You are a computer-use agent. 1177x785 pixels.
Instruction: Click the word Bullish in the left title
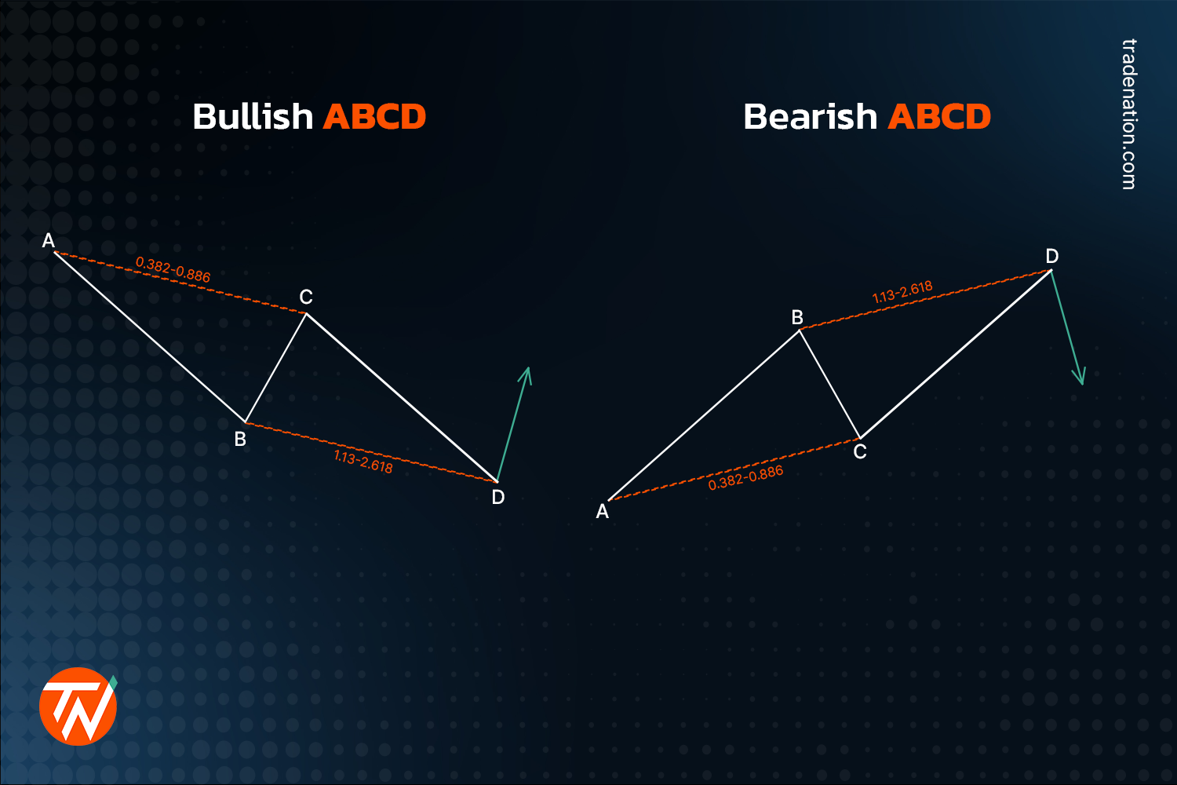[253, 117]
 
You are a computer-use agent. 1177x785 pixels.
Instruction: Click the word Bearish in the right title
[810, 117]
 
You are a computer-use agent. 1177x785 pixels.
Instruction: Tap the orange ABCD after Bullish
[374, 117]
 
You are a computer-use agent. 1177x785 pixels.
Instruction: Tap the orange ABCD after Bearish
[939, 117]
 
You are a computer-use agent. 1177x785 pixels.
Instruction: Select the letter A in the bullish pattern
[49, 241]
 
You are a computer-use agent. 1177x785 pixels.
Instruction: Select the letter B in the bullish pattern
[240, 440]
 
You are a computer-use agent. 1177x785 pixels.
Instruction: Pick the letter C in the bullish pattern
[306, 298]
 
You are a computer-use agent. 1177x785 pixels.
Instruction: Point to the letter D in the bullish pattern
[498, 497]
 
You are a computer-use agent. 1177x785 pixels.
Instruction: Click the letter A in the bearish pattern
[603, 512]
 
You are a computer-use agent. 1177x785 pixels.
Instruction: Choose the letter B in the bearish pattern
[797, 318]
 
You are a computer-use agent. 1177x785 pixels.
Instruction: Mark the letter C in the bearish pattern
[860, 452]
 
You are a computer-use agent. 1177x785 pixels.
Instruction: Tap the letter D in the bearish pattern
[1052, 257]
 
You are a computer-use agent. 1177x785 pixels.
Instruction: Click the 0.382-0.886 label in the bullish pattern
[173, 270]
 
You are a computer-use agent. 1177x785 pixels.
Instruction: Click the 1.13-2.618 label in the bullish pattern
[363, 462]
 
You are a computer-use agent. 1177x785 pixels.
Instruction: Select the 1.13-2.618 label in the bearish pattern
[902, 292]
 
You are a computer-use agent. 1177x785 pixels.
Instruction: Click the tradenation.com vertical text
[1128, 114]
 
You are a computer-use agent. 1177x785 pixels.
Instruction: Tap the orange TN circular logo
[78, 706]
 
